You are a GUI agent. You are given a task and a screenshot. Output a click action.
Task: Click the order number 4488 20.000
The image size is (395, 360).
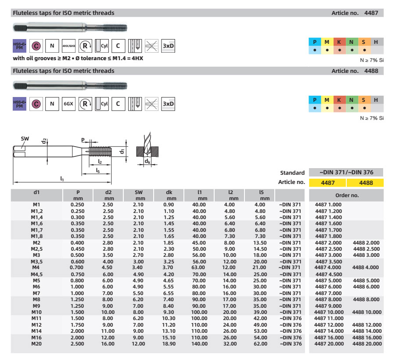pyautogui.click(x=366, y=344)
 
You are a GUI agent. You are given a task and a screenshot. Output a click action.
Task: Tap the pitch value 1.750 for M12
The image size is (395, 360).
pyautogui.click(x=78, y=324)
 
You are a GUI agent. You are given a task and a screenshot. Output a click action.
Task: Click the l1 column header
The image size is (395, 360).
pyautogui.click(x=199, y=192)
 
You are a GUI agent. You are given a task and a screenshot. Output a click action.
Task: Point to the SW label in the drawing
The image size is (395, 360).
pyautogui.click(x=25, y=138)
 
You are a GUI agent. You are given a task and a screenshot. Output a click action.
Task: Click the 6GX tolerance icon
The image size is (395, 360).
pyautogui.click(x=68, y=104)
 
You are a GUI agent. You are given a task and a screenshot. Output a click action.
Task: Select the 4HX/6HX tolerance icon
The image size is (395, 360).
pyautogui.click(x=68, y=45)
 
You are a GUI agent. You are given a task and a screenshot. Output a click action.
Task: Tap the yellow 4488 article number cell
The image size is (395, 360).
pyautogui.click(x=365, y=182)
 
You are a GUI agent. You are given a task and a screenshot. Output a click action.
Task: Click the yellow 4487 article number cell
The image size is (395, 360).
pyautogui.click(x=328, y=182)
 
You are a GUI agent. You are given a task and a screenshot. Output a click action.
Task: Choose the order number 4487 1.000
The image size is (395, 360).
pyautogui.click(x=328, y=205)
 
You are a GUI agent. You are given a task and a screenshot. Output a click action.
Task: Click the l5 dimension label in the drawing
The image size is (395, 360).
pyautogui.click(x=98, y=170)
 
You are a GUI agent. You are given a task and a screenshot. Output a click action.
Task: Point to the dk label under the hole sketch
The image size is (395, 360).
pyautogui.click(x=148, y=162)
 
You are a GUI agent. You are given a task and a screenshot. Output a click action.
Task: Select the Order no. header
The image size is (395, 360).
pyautogui.click(x=346, y=195)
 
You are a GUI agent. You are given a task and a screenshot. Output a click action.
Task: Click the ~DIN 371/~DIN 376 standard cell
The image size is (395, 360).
pyautogui.click(x=346, y=173)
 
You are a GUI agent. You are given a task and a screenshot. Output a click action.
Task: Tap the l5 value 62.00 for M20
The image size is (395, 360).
pyautogui.click(x=261, y=344)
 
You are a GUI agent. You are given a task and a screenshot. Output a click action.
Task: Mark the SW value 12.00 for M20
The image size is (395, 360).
pyautogui.click(x=139, y=344)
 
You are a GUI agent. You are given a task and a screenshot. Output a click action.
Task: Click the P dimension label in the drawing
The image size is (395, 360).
pyautogui.click(x=83, y=140)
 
